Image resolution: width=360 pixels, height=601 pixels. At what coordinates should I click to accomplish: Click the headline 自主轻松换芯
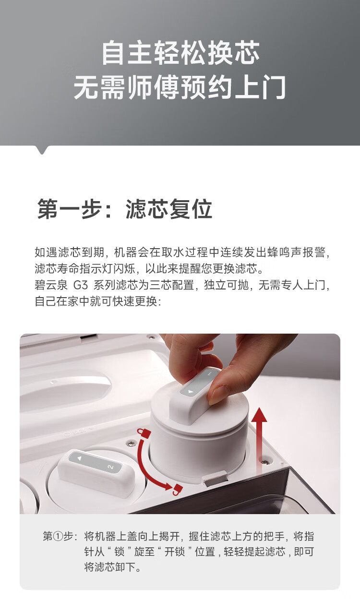click(180, 53)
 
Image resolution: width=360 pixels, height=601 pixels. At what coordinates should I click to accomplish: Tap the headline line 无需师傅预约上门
click(180, 87)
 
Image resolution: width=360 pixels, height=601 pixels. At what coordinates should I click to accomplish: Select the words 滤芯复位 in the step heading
click(169, 209)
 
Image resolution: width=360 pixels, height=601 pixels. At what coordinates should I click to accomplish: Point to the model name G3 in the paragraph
click(81, 285)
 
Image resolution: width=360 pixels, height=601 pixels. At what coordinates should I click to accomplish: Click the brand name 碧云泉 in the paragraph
click(51, 285)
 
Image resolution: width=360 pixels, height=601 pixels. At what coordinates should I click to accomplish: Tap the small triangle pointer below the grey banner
click(42, 150)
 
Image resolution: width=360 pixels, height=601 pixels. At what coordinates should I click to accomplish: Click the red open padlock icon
click(177, 490)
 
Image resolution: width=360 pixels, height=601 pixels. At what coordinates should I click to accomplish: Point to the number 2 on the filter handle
click(110, 468)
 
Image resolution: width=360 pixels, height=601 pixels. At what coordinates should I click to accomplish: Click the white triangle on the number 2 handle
click(79, 458)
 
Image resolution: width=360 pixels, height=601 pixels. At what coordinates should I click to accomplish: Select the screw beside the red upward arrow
click(266, 462)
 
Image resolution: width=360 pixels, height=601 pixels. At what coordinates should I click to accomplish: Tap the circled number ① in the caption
click(58, 537)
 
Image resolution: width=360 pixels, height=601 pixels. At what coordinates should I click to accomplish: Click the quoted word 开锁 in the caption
click(175, 552)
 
